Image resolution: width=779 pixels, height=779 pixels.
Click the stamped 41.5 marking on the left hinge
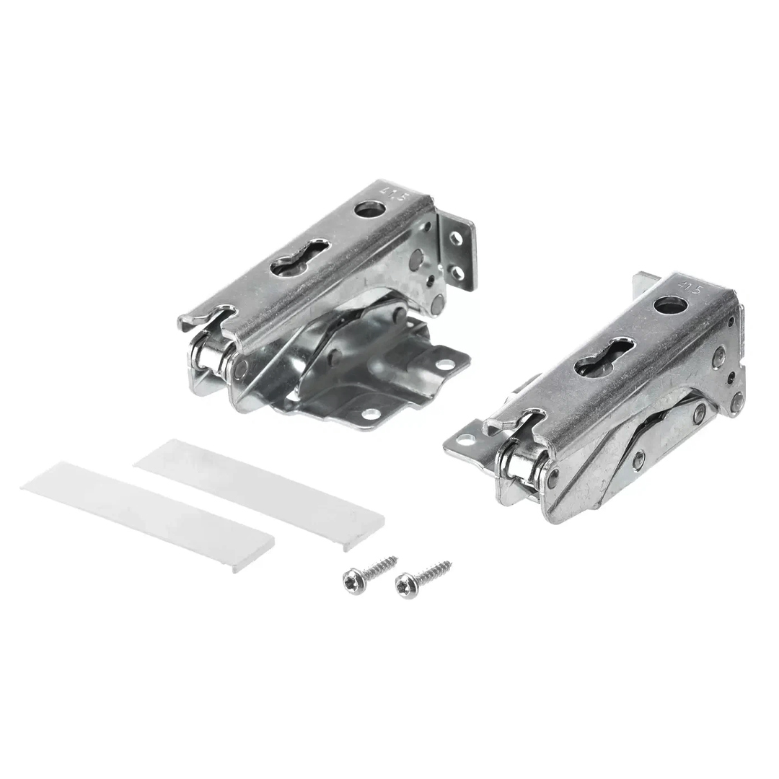coord(388,193)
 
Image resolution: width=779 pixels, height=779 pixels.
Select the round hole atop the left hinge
coord(368,210)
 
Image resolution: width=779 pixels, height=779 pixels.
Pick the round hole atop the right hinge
coord(667,304)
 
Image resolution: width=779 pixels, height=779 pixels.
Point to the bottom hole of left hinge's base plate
coord(371,413)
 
